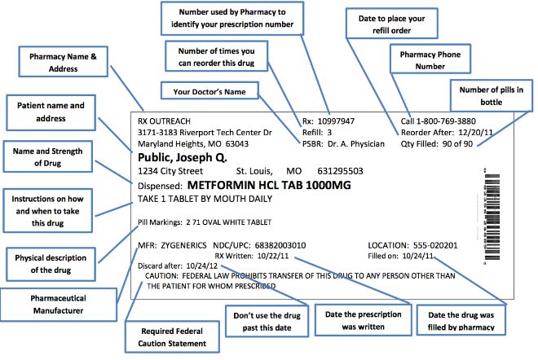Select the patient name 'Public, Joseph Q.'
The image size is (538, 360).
pos(183,156)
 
